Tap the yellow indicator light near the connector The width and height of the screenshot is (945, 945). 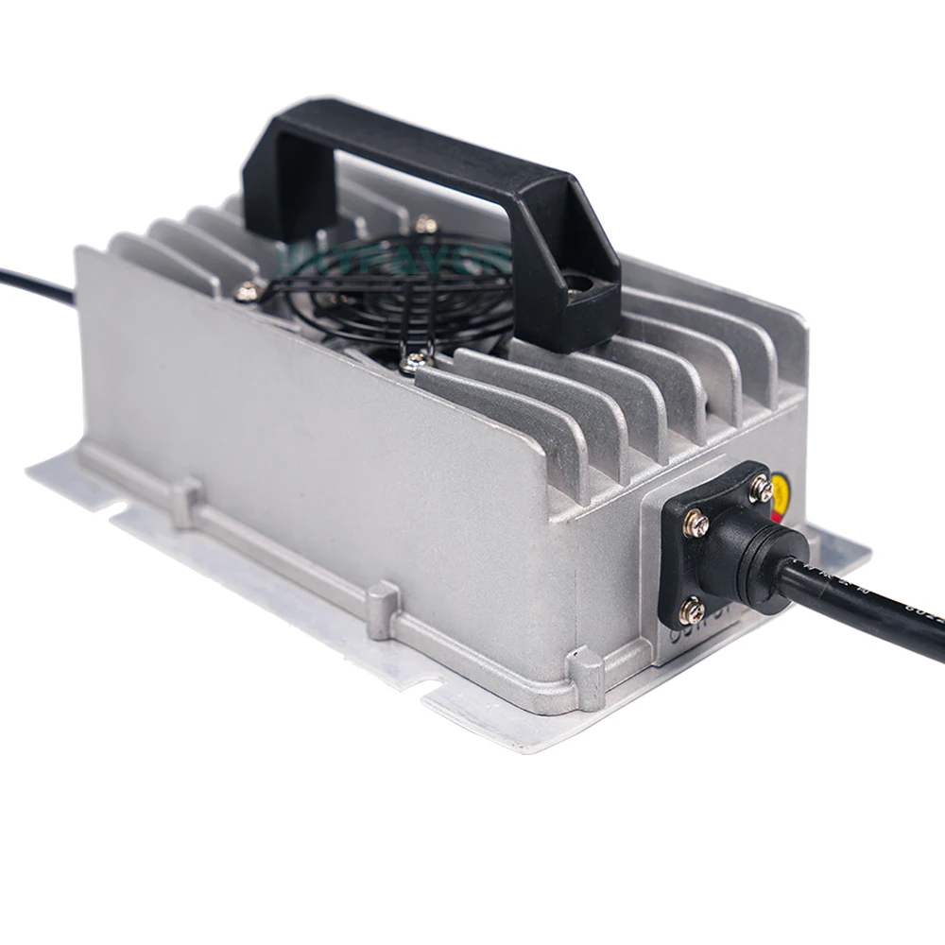783,490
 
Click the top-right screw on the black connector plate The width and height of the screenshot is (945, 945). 761,489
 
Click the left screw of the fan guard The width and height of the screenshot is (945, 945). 248,292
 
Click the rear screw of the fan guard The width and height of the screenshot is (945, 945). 425,224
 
